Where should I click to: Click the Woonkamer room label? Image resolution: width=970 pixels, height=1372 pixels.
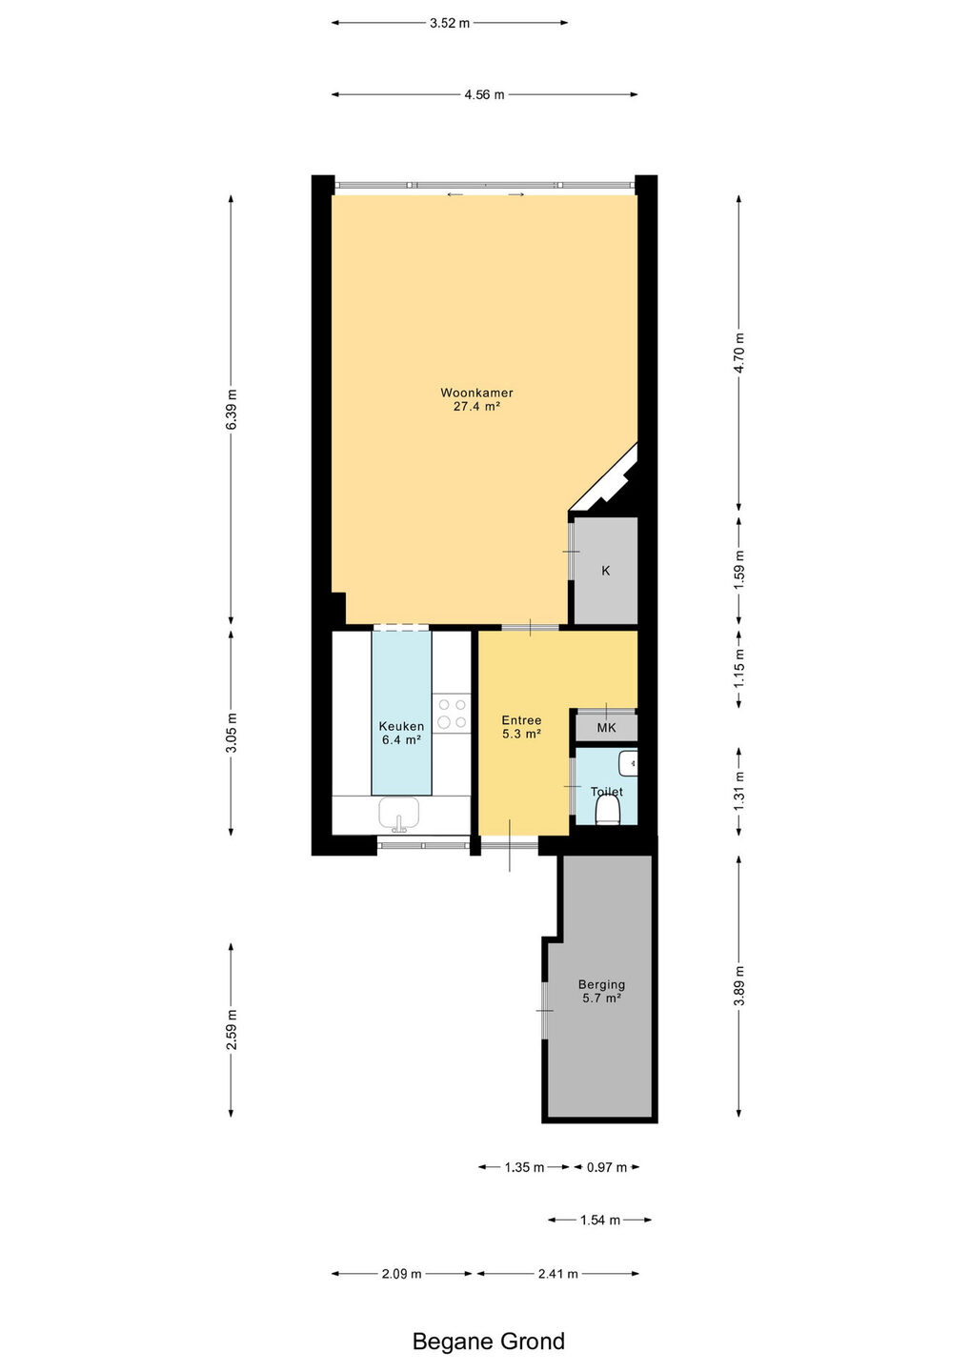pyautogui.click(x=476, y=393)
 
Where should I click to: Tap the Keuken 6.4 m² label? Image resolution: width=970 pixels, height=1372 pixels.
pyautogui.click(x=401, y=733)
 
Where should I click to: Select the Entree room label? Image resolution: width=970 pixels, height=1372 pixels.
pyautogui.click(x=521, y=720)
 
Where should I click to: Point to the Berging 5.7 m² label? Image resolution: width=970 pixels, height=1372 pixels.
pyautogui.click(x=601, y=991)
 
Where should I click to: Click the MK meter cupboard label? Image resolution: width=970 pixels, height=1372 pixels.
pyautogui.click(x=606, y=728)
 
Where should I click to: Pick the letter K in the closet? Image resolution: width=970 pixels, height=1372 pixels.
pyautogui.click(x=606, y=571)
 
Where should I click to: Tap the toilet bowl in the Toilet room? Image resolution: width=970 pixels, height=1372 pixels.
pyautogui.click(x=608, y=810)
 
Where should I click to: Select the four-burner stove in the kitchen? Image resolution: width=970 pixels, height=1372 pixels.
pyautogui.click(x=452, y=714)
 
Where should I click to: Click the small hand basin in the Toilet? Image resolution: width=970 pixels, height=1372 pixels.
pyautogui.click(x=628, y=764)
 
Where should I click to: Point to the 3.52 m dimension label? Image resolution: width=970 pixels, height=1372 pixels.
pyautogui.click(x=450, y=23)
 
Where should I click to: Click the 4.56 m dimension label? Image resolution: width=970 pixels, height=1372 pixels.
pyautogui.click(x=484, y=95)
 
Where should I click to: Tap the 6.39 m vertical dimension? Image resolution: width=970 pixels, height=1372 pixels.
pyautogui.click(x=231, y=409)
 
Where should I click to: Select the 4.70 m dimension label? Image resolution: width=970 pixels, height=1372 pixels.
pyautogui.click(x=739, y=353)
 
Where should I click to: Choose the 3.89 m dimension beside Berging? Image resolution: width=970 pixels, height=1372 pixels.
pyautogui.click(x=739, y=985)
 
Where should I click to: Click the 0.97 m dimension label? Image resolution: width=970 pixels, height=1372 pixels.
pyautogui.click(x=607, y=1167)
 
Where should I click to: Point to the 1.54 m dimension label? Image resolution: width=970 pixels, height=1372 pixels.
pyautogui.click(x=600, y=1221)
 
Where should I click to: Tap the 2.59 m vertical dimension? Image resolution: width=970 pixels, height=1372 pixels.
pyautogui.click(x=231, y=1029)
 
